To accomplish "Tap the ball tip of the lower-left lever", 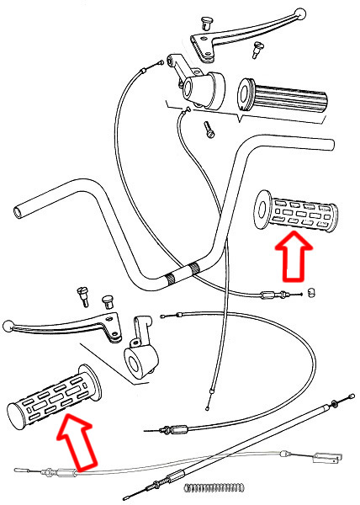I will pos(8,326).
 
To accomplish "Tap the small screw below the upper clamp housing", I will pos(209,131).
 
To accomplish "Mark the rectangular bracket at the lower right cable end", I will pos(327,459).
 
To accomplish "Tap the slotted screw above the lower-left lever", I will pos(82,295).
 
